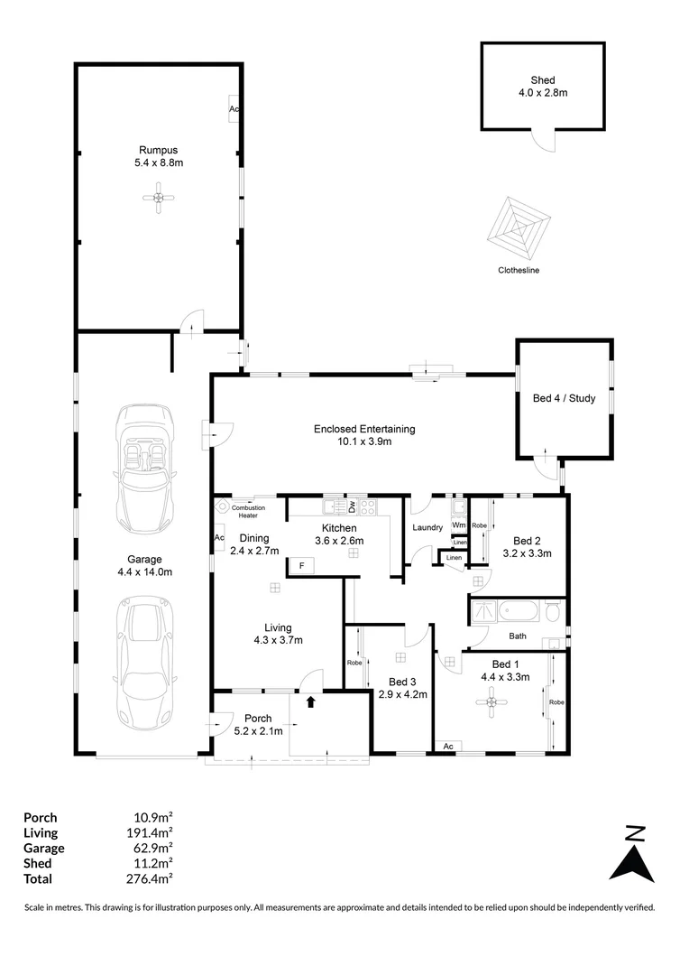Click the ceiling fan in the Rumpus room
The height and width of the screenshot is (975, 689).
tap(159, 198)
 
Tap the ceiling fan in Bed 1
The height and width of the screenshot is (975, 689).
tap(492, 702)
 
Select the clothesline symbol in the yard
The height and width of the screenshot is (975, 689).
tap(519, 228)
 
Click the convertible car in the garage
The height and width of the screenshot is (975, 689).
tap(145, 469)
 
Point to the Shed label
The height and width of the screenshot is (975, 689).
tap(543, 80)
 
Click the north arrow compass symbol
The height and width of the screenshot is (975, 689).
tap(633, 854)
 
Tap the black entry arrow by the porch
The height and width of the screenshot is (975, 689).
tap(311, 701)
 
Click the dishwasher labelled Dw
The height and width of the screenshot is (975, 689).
tap(352, 506)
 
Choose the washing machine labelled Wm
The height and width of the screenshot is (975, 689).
tap(458, 525)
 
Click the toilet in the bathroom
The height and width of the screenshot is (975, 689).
tap(552, 611)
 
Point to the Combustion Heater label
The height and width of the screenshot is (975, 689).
tap(248, 512)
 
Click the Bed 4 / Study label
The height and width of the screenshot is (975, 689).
tap(565, 398)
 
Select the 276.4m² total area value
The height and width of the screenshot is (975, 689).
tap(149, 878)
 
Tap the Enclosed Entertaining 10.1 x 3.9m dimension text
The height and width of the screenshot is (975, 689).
tap(364, 441)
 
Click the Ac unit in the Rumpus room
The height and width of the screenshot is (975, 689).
tap(234, 109)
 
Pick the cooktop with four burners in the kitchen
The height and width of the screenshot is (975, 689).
tap(368, 506)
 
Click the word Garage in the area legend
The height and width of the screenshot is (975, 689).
tap(44, 848)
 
